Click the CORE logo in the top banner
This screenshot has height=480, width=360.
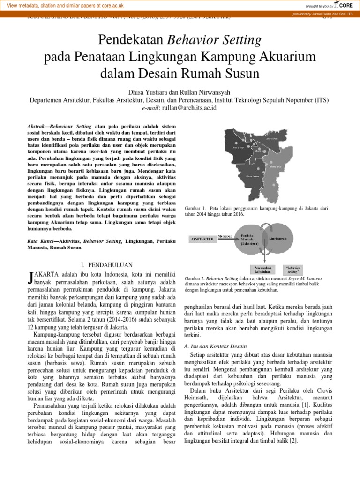(344, 6)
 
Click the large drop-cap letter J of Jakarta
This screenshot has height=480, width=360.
(31, 277)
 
